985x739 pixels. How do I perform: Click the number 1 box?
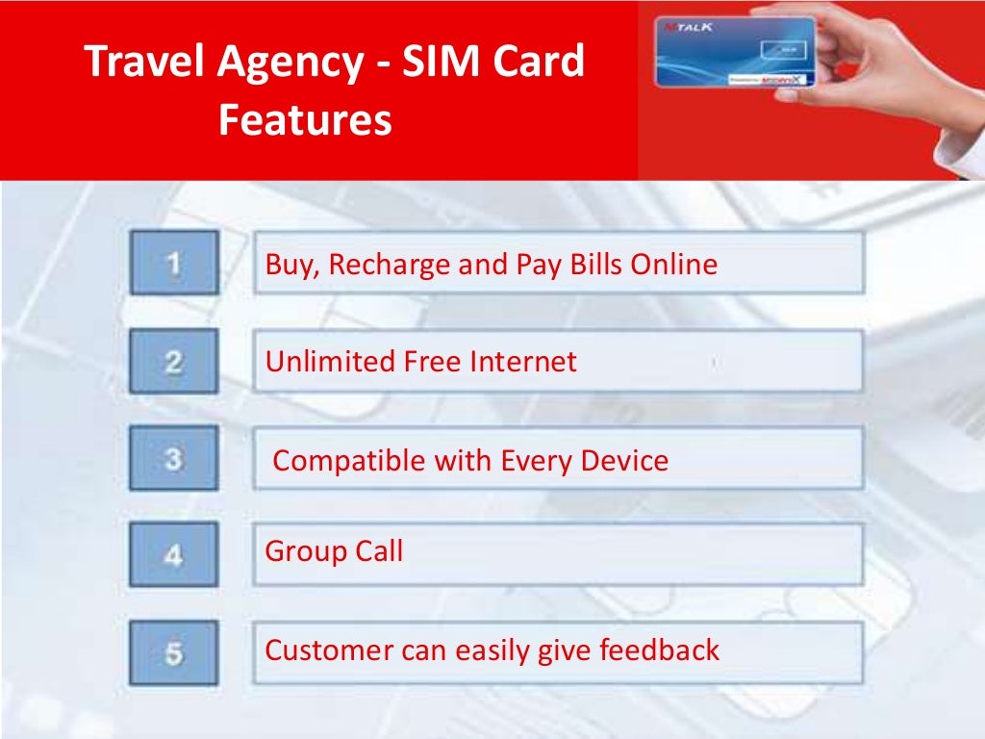point(174,263)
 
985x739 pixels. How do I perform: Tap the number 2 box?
point(174,361)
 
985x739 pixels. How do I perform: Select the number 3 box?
point(174,459)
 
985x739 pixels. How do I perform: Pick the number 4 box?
point(174,555)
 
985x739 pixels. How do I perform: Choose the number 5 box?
point(174,653)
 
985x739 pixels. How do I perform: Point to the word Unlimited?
point(316,362)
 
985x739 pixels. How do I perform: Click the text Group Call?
point(334,551)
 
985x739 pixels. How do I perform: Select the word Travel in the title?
point(143,63)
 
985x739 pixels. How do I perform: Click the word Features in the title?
point(305,121)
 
